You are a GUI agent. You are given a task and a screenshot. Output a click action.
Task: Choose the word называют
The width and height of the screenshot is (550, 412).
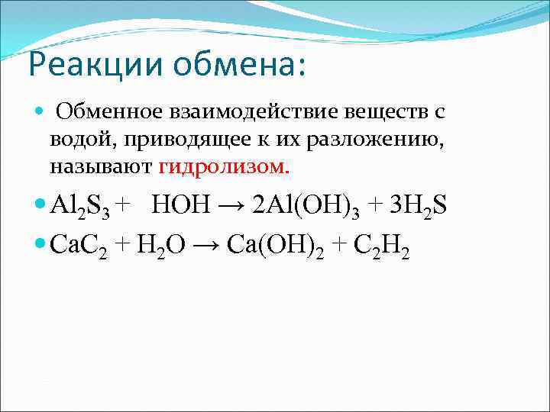[102, 166]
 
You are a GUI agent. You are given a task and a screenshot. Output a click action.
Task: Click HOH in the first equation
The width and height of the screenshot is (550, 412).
[178, 206]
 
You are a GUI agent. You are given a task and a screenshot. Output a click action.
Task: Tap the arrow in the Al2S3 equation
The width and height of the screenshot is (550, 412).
[228, 206]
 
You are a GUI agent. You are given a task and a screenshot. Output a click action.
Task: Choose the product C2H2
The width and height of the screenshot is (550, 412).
[384, 246]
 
